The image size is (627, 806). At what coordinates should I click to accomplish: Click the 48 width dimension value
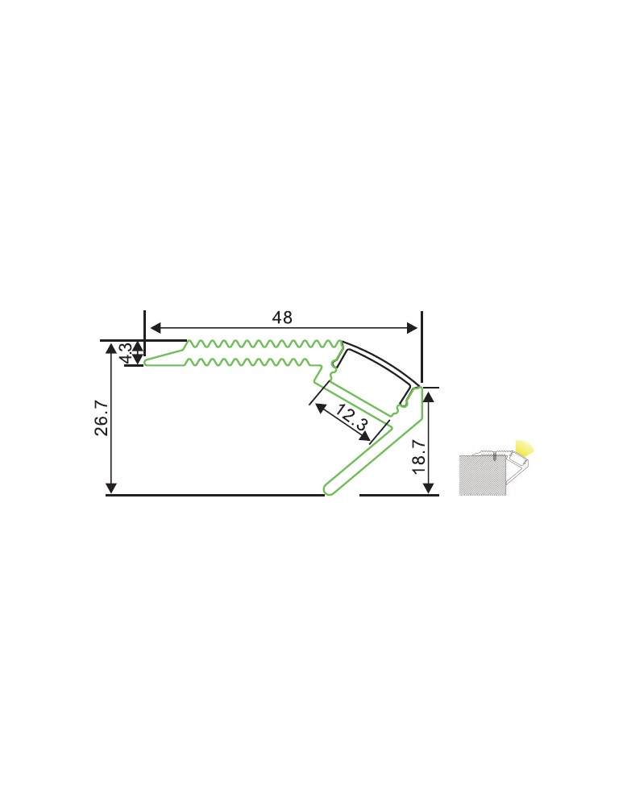click(x=281, y=318)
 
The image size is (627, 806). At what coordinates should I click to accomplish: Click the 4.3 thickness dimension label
click(x=125, y=353)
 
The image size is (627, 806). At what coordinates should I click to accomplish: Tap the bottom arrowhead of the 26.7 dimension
click(x=112, y=488)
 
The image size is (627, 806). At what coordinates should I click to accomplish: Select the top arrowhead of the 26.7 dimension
click(x=112, y=348)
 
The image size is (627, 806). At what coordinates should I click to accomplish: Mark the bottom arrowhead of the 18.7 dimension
click(x=430, y=488)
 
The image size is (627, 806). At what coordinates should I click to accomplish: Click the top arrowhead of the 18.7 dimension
click(x=430, y=395)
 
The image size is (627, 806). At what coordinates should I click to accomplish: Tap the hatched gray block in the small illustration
click(x=481, y=476)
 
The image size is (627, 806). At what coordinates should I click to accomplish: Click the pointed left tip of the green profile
click(x=147, y=362)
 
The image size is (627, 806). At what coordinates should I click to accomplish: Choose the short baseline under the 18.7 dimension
click(x=399, y=495)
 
